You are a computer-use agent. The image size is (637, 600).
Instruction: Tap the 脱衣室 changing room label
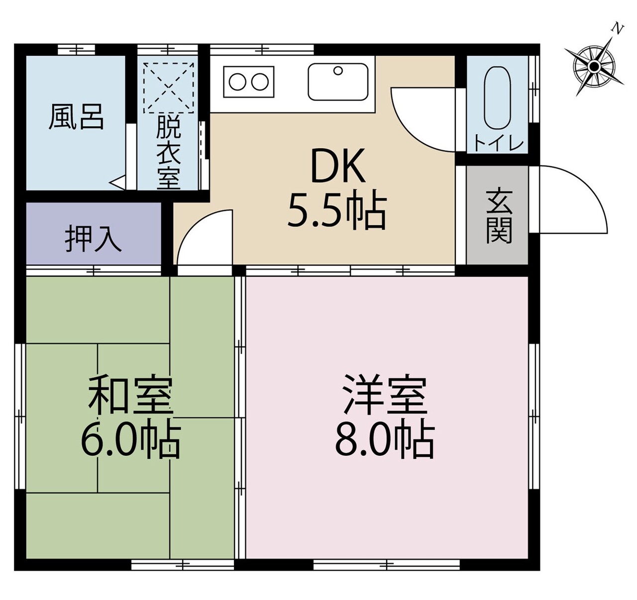169,152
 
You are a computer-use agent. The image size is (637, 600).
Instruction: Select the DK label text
338,166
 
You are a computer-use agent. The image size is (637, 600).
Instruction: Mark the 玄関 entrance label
499,217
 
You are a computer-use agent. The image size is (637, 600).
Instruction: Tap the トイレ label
499,145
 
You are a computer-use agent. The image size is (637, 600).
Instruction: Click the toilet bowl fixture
497,98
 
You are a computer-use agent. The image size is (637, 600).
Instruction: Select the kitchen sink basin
338,82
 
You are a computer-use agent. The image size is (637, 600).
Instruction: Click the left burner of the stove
237,82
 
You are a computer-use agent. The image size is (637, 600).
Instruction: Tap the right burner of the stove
260,82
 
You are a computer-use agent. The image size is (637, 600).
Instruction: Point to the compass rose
594,67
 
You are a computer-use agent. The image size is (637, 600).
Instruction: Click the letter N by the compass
618,29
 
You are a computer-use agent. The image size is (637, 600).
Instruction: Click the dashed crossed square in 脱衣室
169,88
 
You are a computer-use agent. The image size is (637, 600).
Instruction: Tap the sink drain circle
338,71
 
